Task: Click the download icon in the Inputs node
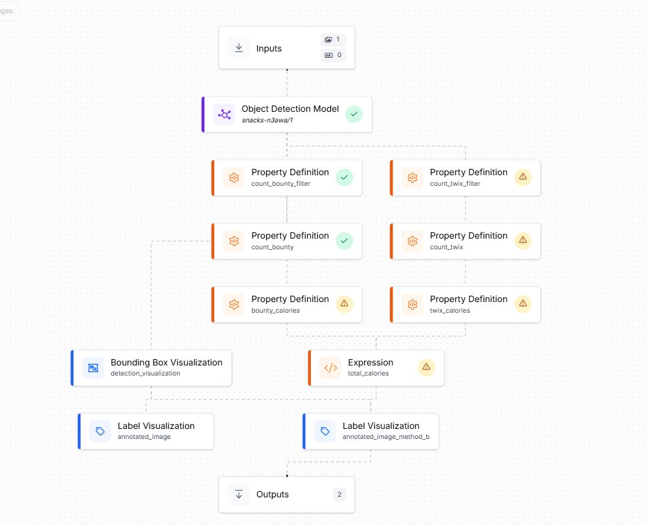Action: [x=239, y=48]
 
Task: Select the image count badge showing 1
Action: [x=333, y=40]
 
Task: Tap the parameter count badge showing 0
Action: [x=333, y=55]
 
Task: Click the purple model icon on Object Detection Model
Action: [x=224, y=114]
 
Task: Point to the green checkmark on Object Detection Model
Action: [x=354, y=114]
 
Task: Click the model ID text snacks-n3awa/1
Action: [x=267, y=121]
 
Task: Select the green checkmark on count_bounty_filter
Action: [x=344, y=177]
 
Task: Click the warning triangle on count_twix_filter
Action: [x=523, y=177]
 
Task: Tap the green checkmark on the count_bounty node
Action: [x=344, y=241]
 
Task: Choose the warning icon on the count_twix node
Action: [x=523, y=241]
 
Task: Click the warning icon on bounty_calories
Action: [x=344, y=304]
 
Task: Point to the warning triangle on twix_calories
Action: [x=523, y=304]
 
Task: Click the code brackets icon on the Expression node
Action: [x=331, y=368]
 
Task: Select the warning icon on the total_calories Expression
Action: [x=426, y=367]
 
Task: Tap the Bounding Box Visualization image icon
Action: [x=93, y=368]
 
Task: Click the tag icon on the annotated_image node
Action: [x=100, y=431]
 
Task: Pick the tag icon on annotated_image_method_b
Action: [x=325, y=431]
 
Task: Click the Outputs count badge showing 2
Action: [x=339, y=494]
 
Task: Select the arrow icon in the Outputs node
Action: [x=239, y=494]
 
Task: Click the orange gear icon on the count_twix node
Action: [x=413, y=241]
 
